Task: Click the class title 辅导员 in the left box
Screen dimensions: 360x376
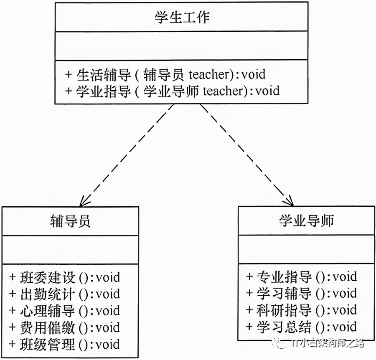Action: coord(70,221)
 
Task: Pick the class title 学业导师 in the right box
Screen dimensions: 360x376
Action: coord(306,221)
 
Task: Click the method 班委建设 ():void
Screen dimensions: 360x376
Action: coord(65,277)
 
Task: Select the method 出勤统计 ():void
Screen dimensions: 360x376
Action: coord(65,294)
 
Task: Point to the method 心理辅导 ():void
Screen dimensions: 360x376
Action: coord(65,311)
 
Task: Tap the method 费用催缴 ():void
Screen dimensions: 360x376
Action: coord(65,327)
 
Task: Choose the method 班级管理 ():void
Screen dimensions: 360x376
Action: coord(65,344)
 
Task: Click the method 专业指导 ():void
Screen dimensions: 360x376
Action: coord(301,276)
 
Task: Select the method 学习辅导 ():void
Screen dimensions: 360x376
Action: coord(301,293)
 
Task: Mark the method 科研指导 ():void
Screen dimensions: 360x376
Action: coord(301,310)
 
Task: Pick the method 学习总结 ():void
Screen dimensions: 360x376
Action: coord(301,327)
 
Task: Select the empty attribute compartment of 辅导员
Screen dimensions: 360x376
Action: coord(70,250)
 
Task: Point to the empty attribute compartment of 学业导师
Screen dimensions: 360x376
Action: coord(306,249)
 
